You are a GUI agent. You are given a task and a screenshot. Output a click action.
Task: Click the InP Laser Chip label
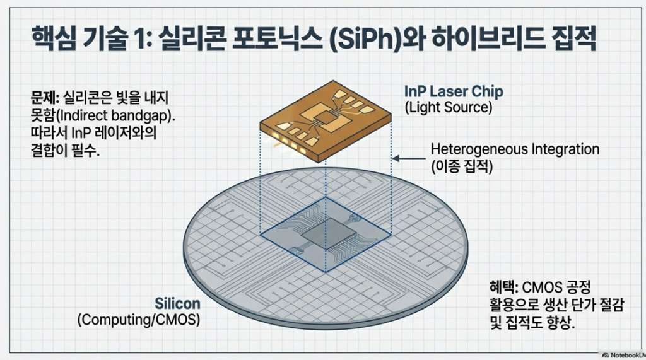[454, 92]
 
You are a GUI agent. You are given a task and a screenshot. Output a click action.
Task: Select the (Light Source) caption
[447, 108]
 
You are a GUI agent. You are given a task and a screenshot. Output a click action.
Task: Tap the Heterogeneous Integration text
[515, 150]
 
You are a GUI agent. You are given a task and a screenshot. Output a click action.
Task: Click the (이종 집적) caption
[463, 167]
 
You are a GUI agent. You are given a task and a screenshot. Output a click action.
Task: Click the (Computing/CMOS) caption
[138, 320]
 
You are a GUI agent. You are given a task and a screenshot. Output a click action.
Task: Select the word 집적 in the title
[575, 42]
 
